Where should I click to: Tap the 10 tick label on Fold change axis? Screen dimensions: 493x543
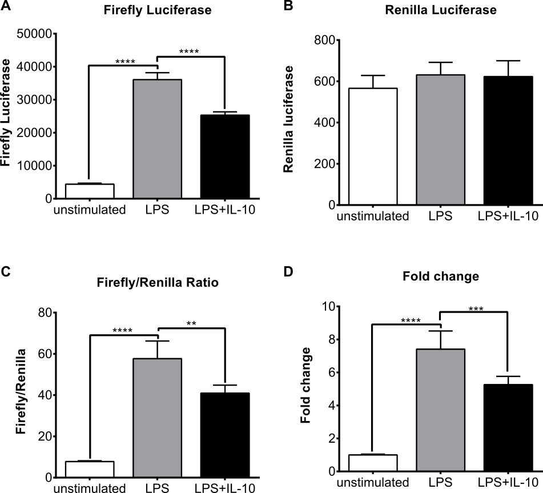pos(326,306)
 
